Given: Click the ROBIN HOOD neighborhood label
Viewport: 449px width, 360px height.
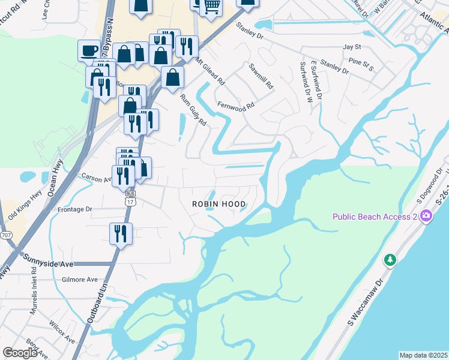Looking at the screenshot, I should (x=218, y=204).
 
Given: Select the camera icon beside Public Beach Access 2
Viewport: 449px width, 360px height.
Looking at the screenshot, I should (x=427, y=216).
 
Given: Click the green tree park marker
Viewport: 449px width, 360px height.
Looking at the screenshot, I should (x=390, y=259).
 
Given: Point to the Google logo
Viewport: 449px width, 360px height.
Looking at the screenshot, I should (x=20, y=353).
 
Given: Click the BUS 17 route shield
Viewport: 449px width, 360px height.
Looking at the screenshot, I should (x=130, y=198).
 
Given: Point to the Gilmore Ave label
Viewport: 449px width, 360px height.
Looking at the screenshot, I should (x=80, y=280).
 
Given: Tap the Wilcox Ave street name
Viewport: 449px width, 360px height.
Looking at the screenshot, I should (x=62, y=335).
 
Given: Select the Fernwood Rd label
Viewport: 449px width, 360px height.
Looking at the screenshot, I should (x=236, y=104).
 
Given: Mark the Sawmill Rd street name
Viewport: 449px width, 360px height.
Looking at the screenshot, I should (x=261, y=77).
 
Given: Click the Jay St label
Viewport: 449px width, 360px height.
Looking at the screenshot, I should (x=351, y=46).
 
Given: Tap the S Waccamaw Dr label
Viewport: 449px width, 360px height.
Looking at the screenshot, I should (x=365, y=303).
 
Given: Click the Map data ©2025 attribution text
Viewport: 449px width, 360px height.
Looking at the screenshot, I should (x=423, y=355).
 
